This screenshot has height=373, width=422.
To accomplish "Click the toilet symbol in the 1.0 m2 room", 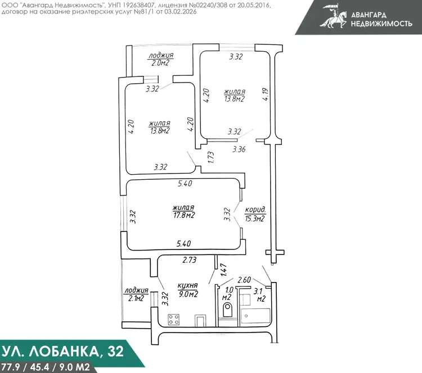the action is (228, 310).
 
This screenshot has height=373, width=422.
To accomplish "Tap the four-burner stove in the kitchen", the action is (174, 320).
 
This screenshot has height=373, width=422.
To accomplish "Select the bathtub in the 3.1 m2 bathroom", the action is (255, 317).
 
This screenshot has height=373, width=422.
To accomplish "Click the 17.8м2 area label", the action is (184, 215).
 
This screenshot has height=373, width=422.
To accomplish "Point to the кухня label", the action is (187, 285).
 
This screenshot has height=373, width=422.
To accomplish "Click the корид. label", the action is (255, 210).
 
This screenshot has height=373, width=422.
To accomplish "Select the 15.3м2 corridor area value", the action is (254, 218).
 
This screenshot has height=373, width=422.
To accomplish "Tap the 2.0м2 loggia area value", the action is (160, 63).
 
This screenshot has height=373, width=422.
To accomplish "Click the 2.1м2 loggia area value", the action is (136, 298).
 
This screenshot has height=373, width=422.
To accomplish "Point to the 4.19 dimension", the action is (266, 94).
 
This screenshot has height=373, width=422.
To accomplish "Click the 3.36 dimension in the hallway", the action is (239, 149).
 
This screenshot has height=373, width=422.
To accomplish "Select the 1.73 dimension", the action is (211, 157).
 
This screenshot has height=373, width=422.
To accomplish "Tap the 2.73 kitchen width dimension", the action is (190, 260).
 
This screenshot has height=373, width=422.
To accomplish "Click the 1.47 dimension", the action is (223, 270).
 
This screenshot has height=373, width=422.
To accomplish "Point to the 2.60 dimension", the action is (244, 280).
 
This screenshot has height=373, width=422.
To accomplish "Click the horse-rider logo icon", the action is (334, 16).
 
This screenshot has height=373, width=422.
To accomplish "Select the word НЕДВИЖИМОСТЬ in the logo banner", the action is (381, 24).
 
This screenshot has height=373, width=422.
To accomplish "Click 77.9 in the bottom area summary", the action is (11, 367).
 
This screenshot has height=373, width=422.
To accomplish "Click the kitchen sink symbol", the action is (200, 320).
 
